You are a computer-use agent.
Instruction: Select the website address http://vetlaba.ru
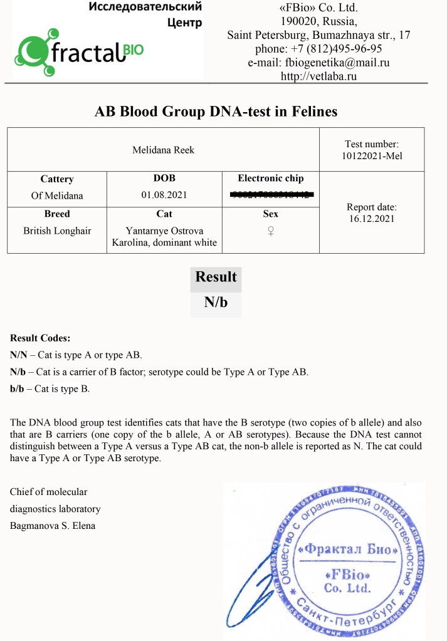[318, 76]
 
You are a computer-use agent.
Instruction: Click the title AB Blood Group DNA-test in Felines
[216, 112]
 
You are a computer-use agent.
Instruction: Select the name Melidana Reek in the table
[164, 150]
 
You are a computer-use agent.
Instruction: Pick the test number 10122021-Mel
[372, 155]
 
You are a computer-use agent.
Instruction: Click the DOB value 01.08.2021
[164, 195]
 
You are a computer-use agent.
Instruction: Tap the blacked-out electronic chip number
[271, 195]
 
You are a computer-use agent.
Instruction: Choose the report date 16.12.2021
[372, 218]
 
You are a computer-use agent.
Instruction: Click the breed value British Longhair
[57, 231]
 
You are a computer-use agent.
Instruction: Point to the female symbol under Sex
[271, 231]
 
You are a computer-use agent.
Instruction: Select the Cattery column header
[57, 179]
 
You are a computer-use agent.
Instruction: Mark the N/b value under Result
[216, 303]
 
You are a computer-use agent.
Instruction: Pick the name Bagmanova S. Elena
[53, 526]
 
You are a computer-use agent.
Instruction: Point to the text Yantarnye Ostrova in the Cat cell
[164, 231]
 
